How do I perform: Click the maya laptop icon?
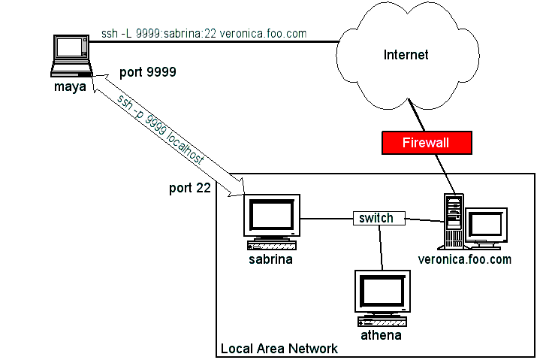pyautogui.click(x=71, y=54)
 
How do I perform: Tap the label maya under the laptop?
pyautogui.click(x=69, y=86)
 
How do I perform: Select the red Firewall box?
pyautogui.click(x=426, y=142)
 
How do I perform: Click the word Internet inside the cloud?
pyautogui.click(x=406, y=55)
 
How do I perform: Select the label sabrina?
pyautogui.click(x=270, y=260)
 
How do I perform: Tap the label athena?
pyautogui.click(x=380, y=335)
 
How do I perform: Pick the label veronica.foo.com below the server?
pyautogui.click(x=464, y=260)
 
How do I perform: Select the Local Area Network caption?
pyautogui.click(x=279, y=349)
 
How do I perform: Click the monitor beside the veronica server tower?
pyautogui.click(x=485, y=226)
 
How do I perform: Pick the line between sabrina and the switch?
pyautogui.click(x=327, y=219)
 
